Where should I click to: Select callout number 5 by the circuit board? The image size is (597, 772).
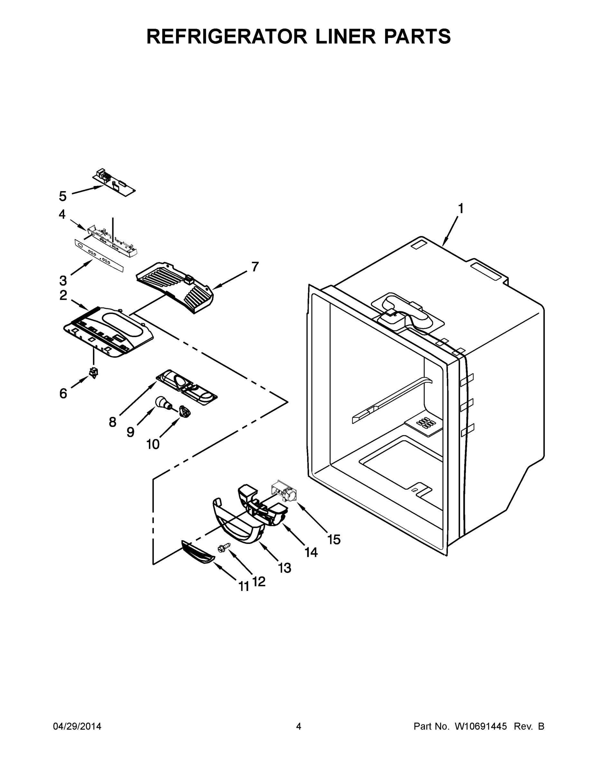click(63, 196)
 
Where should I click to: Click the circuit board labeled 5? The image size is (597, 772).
click(114, 183)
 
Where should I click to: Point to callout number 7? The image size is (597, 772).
click(255, 267)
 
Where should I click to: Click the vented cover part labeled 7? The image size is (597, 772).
click(175, 286)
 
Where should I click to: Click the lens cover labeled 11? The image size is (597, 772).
click(198, 556)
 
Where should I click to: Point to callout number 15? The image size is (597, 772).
click(333, 539)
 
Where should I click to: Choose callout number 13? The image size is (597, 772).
click(285, 568)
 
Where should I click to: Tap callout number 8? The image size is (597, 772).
click(112, 422)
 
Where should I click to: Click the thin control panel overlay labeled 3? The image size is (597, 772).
click(99, 255)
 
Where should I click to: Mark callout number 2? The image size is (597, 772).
click(63, 295)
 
